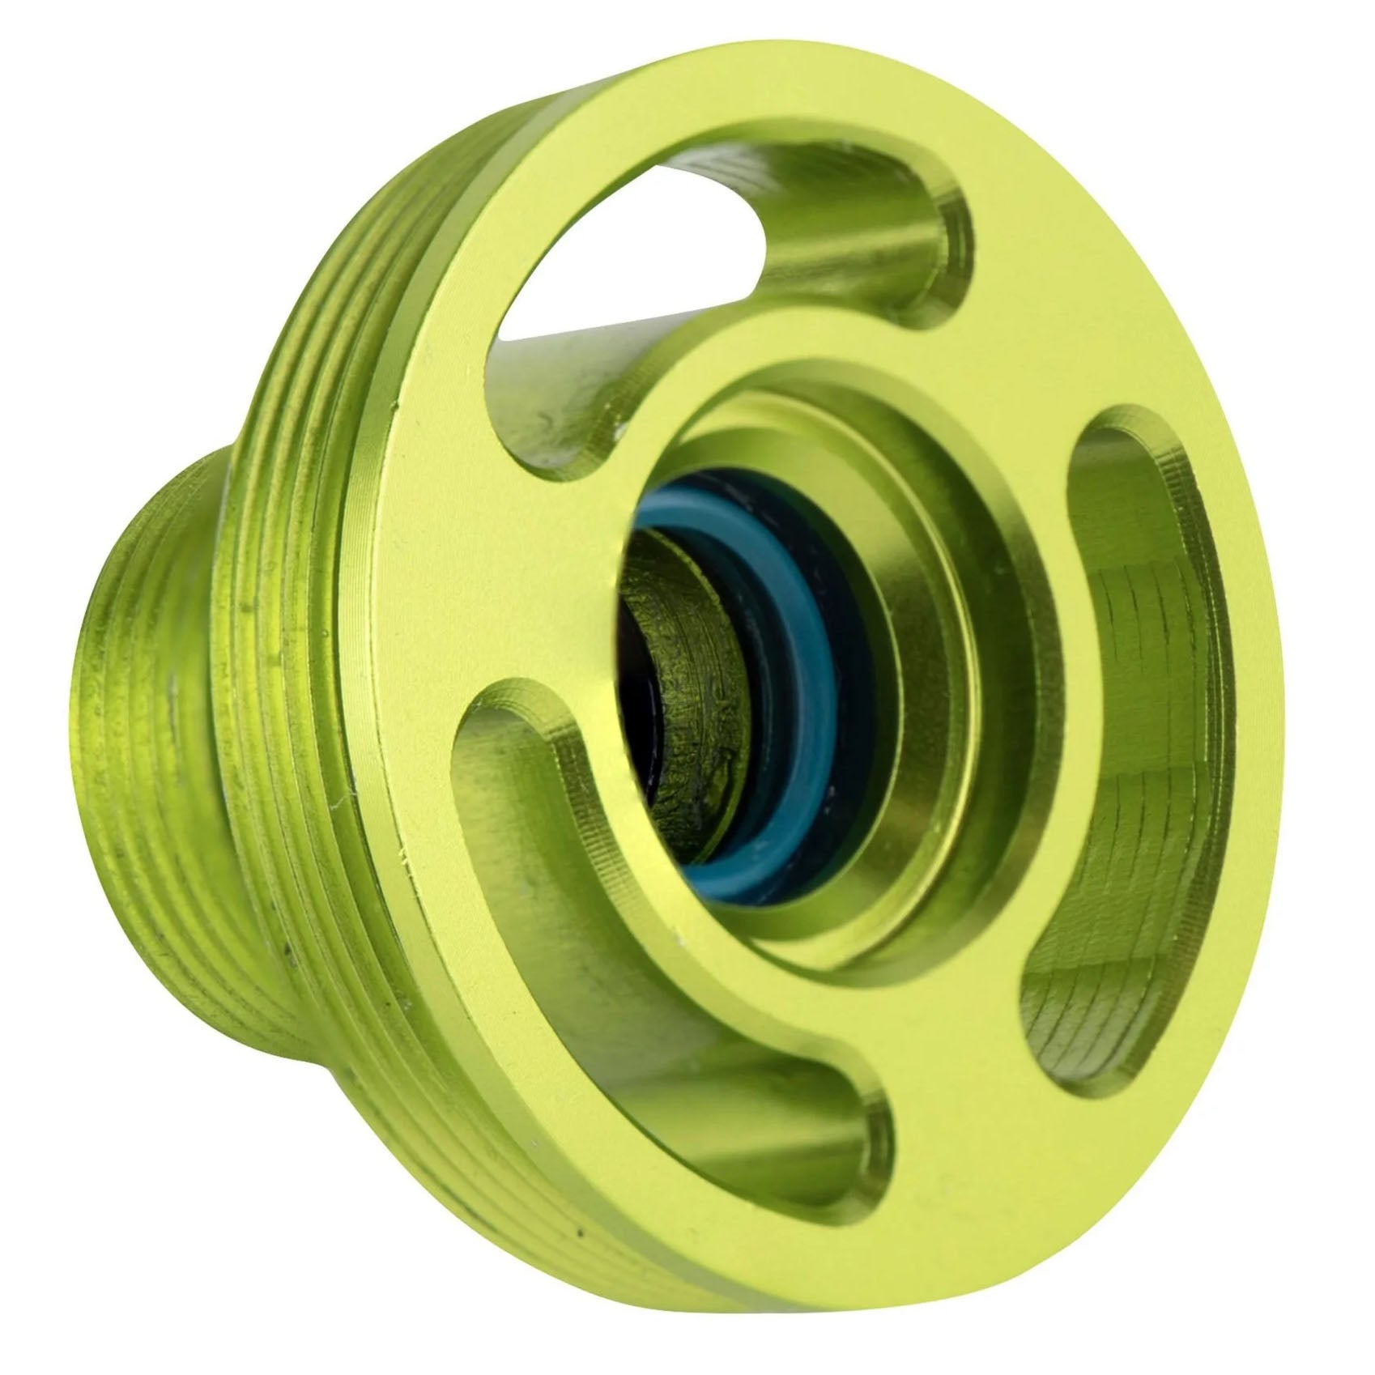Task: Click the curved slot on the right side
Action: click(x=1134, y=729)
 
